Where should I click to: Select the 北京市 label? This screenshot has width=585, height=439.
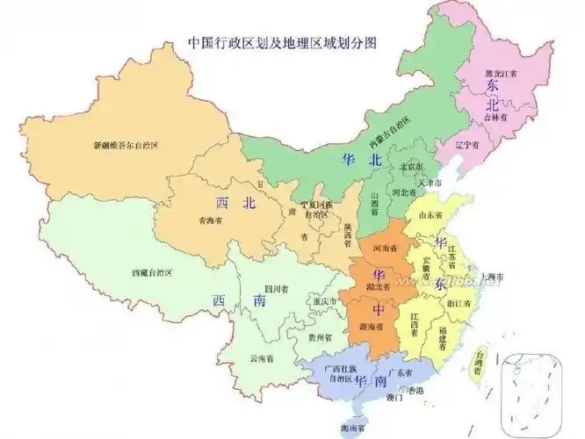point(412,166)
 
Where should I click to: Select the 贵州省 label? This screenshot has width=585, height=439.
point(320,337)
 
